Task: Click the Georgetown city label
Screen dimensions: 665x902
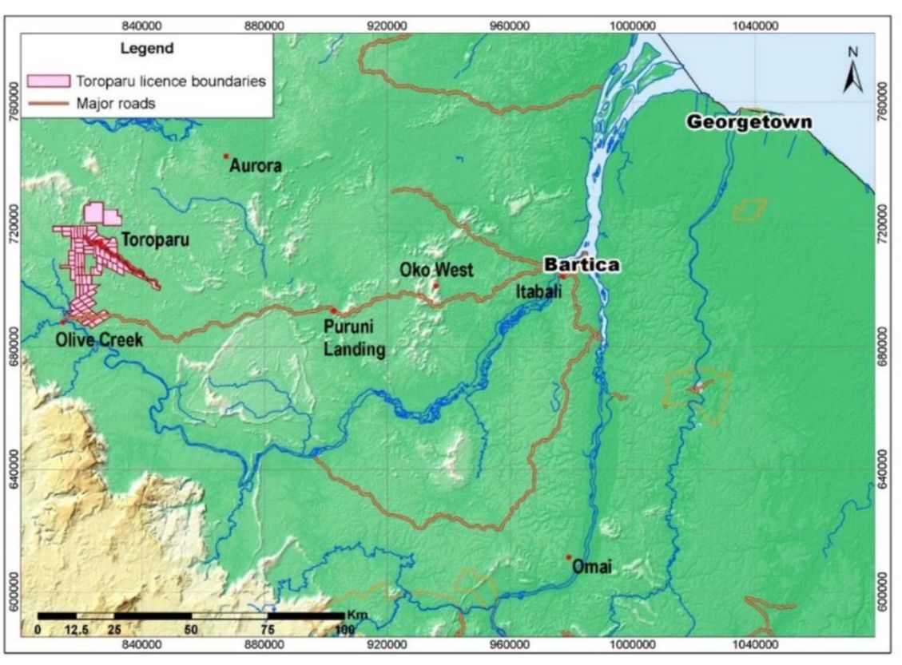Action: coord(749,122)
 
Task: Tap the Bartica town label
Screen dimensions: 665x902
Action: coord(581,265)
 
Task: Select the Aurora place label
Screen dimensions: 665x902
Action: coord(256,166)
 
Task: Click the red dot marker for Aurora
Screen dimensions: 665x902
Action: coord(226,156)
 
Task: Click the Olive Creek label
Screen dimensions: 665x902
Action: coord(99,340)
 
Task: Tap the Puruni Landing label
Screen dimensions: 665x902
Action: coord(354,338)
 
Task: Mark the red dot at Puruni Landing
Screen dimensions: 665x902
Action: coord(333,310)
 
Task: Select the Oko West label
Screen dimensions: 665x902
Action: coord(436,270)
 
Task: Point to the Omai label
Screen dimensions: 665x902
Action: coord(592,568)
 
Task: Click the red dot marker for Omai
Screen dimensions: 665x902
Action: coord(569,557)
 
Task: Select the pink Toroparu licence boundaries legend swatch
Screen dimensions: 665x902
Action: coord(48,81)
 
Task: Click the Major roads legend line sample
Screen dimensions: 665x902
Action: coord(48,102)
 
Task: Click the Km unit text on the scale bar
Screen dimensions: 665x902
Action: coord(356,616)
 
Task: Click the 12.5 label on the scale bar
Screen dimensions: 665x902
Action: coord(76,631)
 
